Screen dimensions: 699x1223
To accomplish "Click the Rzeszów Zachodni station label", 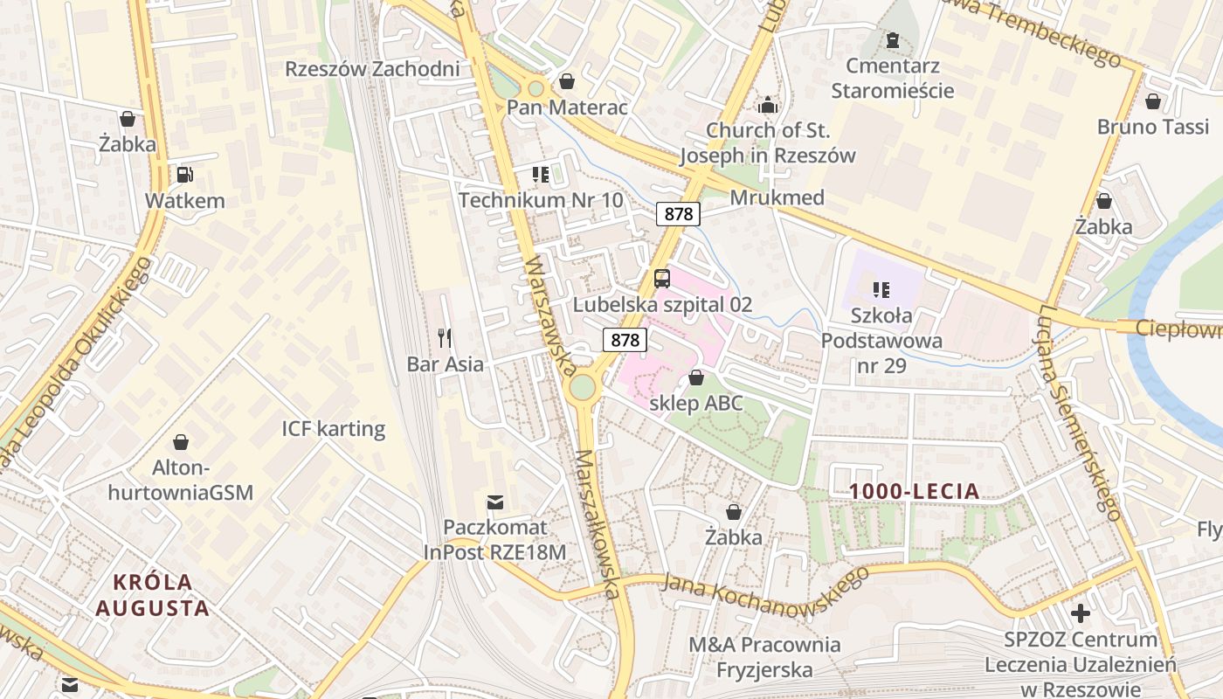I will pyautogui.click(x=372, y=69).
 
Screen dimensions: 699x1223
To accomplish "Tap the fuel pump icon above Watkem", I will pyautogui.click(x=184, y=175).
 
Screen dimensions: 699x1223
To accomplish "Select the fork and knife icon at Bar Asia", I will pyautogui.click(x=445, y=338).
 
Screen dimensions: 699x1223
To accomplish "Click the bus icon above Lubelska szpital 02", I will pyautogui.click(x=662, y=279).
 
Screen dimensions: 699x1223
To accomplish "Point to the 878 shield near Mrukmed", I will pyautogui.click(x=678, y=214).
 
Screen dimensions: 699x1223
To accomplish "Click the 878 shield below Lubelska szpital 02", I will pyautogui.click(x=625, y=340).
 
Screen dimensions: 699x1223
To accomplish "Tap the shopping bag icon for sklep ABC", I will pyautogui.click(x=696, y=377).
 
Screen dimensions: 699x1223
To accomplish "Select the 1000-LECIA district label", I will pyautogui.click(x=915, y=492).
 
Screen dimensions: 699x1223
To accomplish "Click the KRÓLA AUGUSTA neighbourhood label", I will pyautogui.click(x=153, y=595).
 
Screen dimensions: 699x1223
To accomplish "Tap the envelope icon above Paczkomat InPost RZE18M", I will pyautogui.click(x=495, y=502).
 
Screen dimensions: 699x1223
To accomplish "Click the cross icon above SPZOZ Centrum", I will pyautogui.click(x=1081, y=613).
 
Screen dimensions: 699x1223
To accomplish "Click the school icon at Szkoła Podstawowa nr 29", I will pyautogui.click(x=881, y=289).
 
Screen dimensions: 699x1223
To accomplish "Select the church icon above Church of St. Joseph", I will pyautogui.click(x=768, y=105).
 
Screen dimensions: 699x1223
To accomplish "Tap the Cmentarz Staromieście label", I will pyautogui.click(x=892, y=78).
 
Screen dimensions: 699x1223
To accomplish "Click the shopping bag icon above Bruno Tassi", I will pyautogui.click(x=1153, y=101).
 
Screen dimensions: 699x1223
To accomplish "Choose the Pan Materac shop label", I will pyautogui.click(x=568, y=107).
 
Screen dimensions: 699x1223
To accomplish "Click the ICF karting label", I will pyautogui.click(x=333, y=429).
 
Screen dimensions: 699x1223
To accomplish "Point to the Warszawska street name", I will pyautogui.click(x=549, y=315).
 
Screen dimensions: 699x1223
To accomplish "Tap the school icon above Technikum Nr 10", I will pyautogui.click(x=541, y=175).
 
